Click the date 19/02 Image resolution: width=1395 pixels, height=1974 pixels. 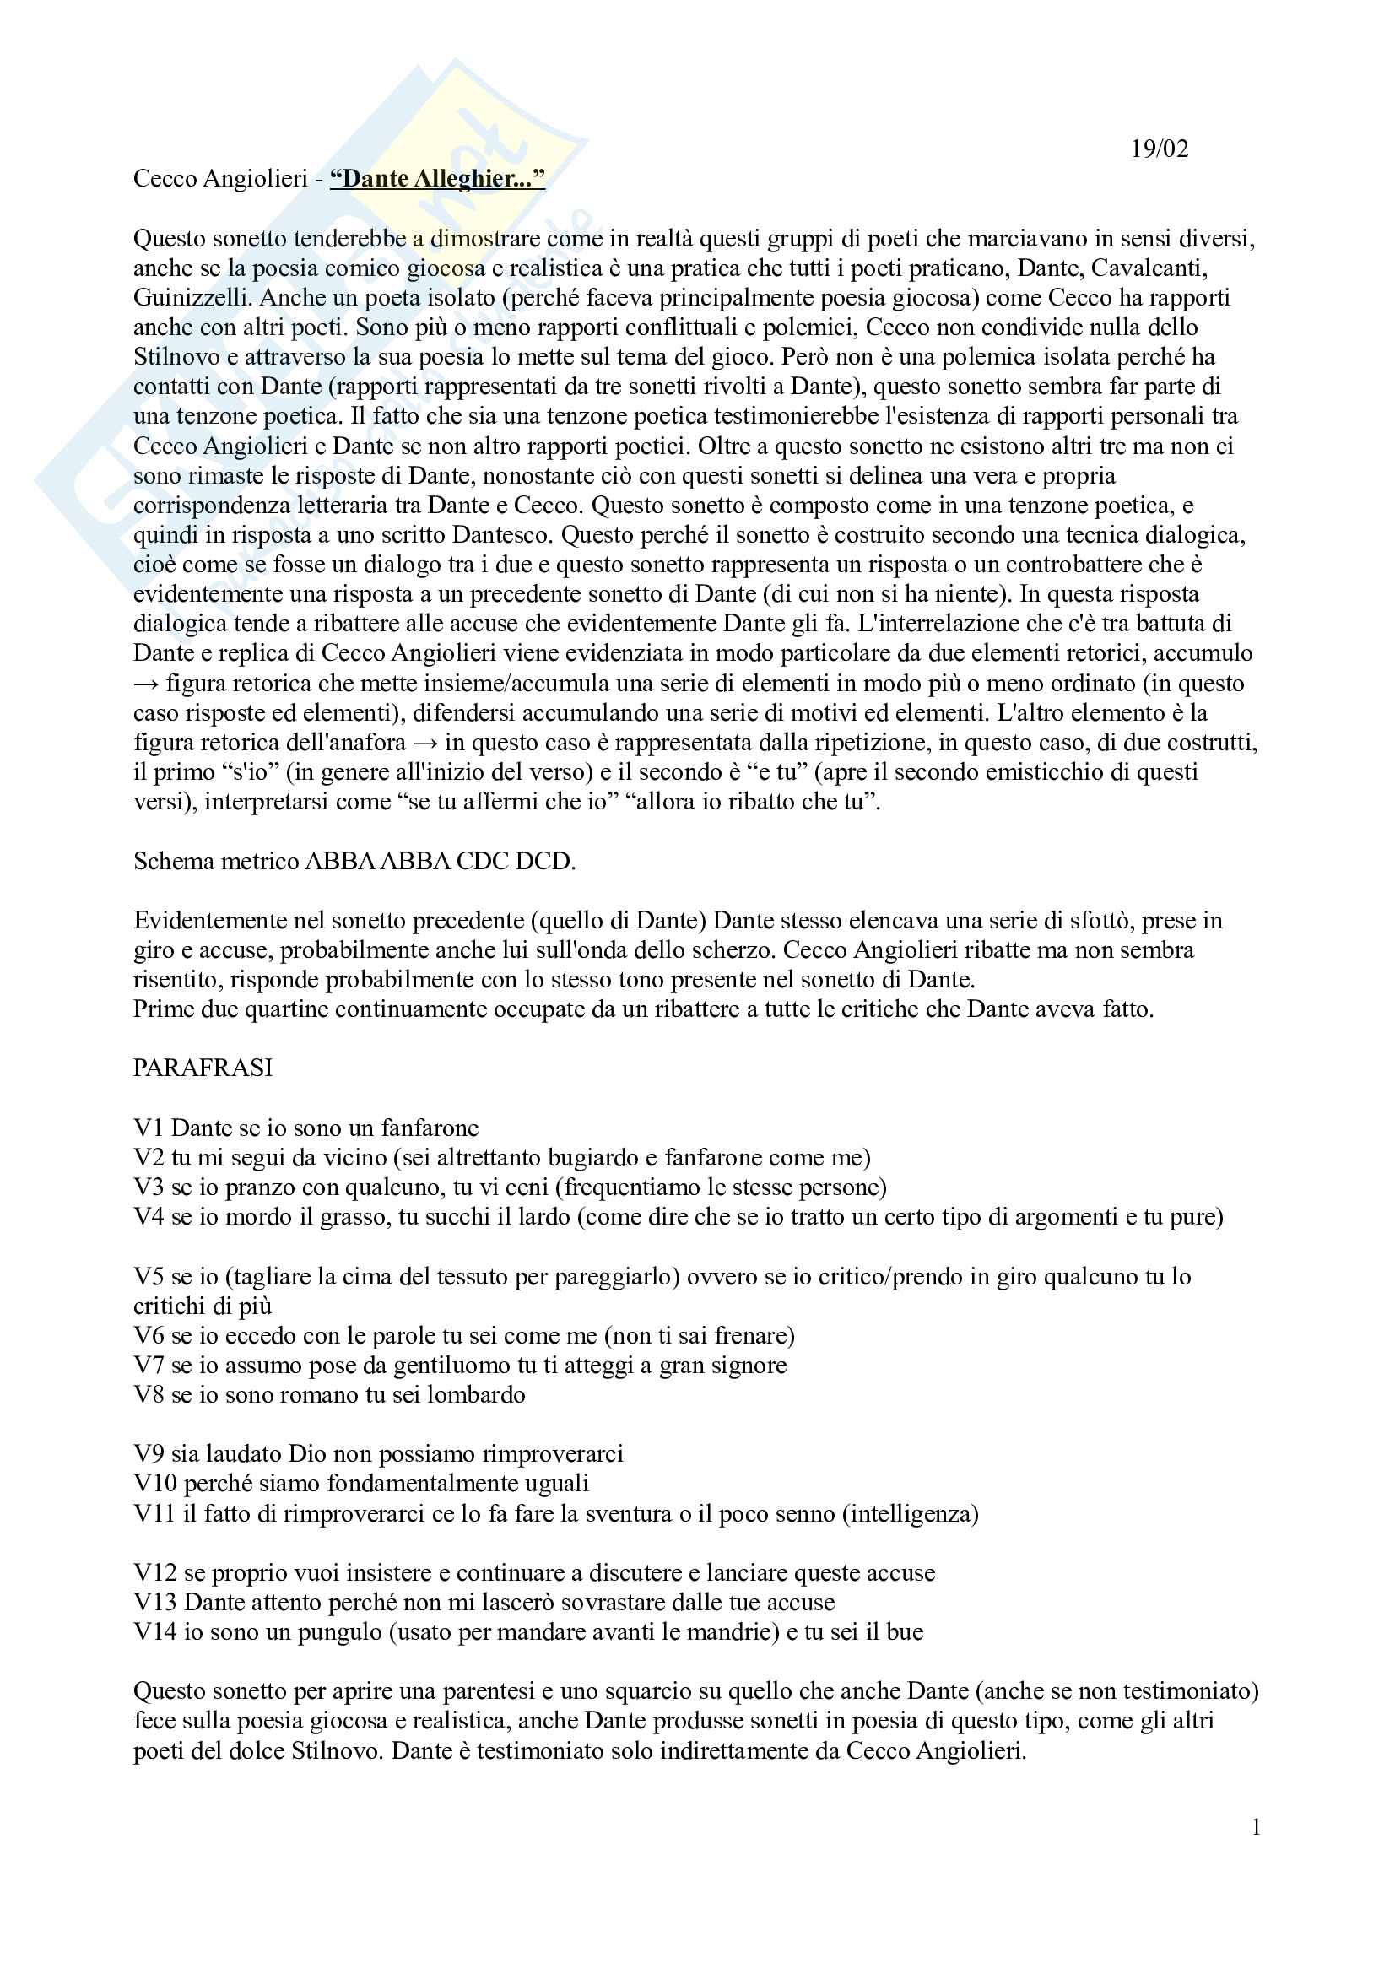1159,149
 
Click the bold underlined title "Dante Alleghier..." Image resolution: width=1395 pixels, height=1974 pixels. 437,179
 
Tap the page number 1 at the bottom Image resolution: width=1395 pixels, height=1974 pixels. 1256,1828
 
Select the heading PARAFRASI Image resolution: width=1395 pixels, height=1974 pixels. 203,1068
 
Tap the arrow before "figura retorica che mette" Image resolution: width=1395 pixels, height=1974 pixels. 146,684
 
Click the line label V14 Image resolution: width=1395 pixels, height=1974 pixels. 154,1632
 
